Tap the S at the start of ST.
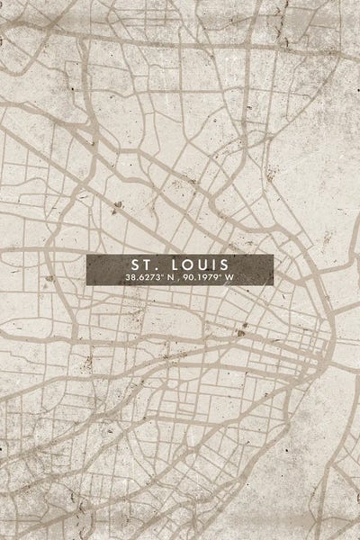click(136, 265)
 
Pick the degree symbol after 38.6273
click(161, 275)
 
